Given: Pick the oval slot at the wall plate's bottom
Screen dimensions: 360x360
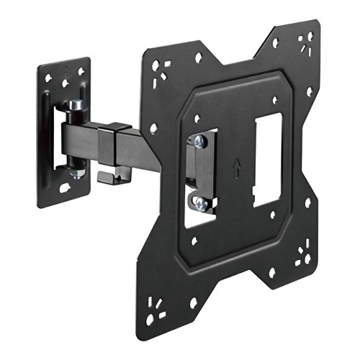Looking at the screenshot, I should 65,189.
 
